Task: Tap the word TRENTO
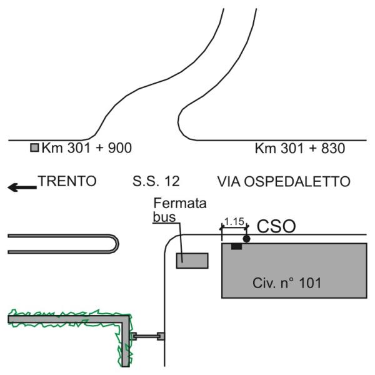coord(67,182)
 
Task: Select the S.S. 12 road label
coord(156,182)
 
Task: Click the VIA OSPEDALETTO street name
coord(284,182)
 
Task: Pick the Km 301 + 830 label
coord(300,149)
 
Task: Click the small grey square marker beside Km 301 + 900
coord(35,148)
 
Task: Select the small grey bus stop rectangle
coord(192,261)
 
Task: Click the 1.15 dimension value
coord(234,221)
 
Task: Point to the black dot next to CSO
coord(247,239)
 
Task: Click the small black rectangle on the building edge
coord(236,246)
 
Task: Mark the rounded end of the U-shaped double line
coord(117,244)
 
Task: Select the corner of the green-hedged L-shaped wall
coord(127,319)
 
